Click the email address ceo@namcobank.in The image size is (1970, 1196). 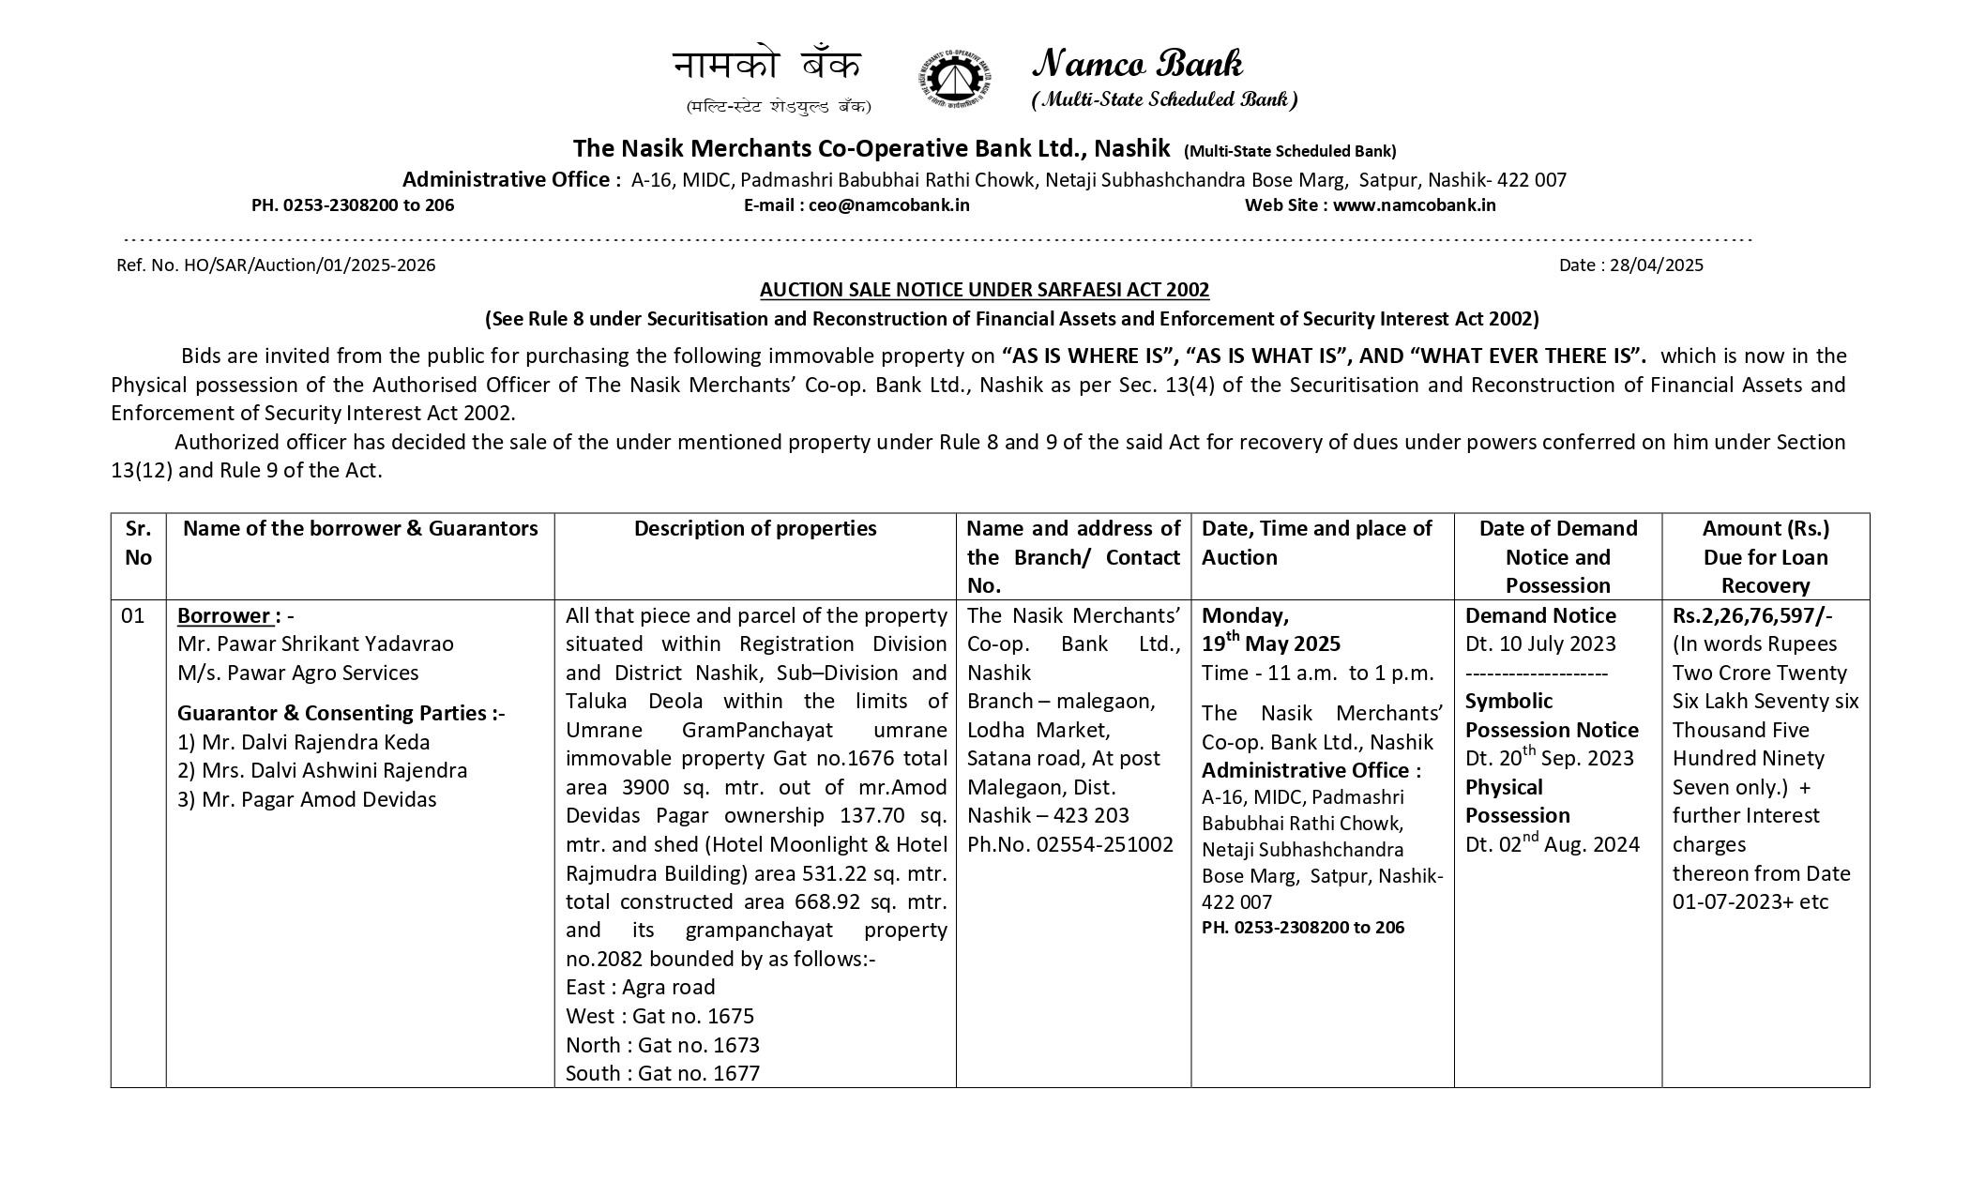coord(889,205)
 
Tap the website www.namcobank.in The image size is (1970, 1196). coord(1414,205)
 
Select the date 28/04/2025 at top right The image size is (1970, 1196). coord(1656,265)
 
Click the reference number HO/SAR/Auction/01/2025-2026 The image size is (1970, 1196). coord(310,265)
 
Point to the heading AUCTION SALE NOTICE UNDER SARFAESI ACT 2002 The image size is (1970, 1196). coord(984,290)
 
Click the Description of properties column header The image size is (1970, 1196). coord(755,529)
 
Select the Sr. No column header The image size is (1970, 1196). coord(138,543)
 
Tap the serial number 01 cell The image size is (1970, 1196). coord(133,616)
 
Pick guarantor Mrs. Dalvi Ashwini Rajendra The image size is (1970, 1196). coord(322,771)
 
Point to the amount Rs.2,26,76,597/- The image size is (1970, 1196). coord(1751,616)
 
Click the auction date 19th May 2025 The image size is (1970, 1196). coord(1271,643)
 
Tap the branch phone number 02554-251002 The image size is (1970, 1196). coord(1104,845)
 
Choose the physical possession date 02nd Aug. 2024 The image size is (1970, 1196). coord(1553,845)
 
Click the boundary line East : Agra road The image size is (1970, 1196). coord(641,988)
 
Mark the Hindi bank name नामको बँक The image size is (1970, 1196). coord(766,66)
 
